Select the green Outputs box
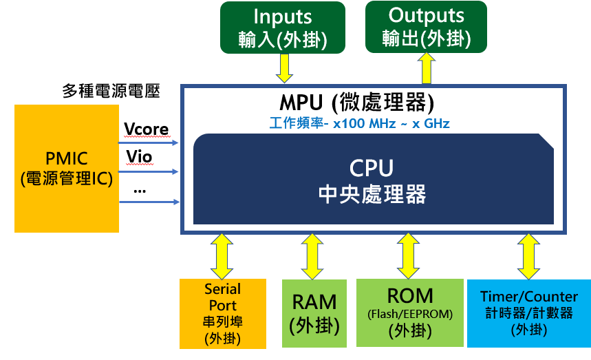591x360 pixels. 426,27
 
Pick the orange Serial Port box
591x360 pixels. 222,313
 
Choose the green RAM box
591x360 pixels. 314,313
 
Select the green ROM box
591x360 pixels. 409,313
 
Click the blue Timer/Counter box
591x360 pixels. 528,313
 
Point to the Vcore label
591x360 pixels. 146,129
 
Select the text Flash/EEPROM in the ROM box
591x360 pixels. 409,314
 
